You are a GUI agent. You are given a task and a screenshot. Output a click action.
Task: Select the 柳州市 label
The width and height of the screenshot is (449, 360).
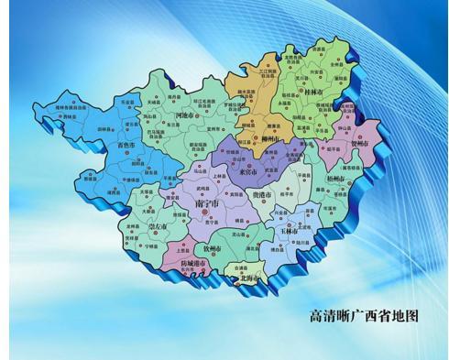(x=267, y=139)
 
